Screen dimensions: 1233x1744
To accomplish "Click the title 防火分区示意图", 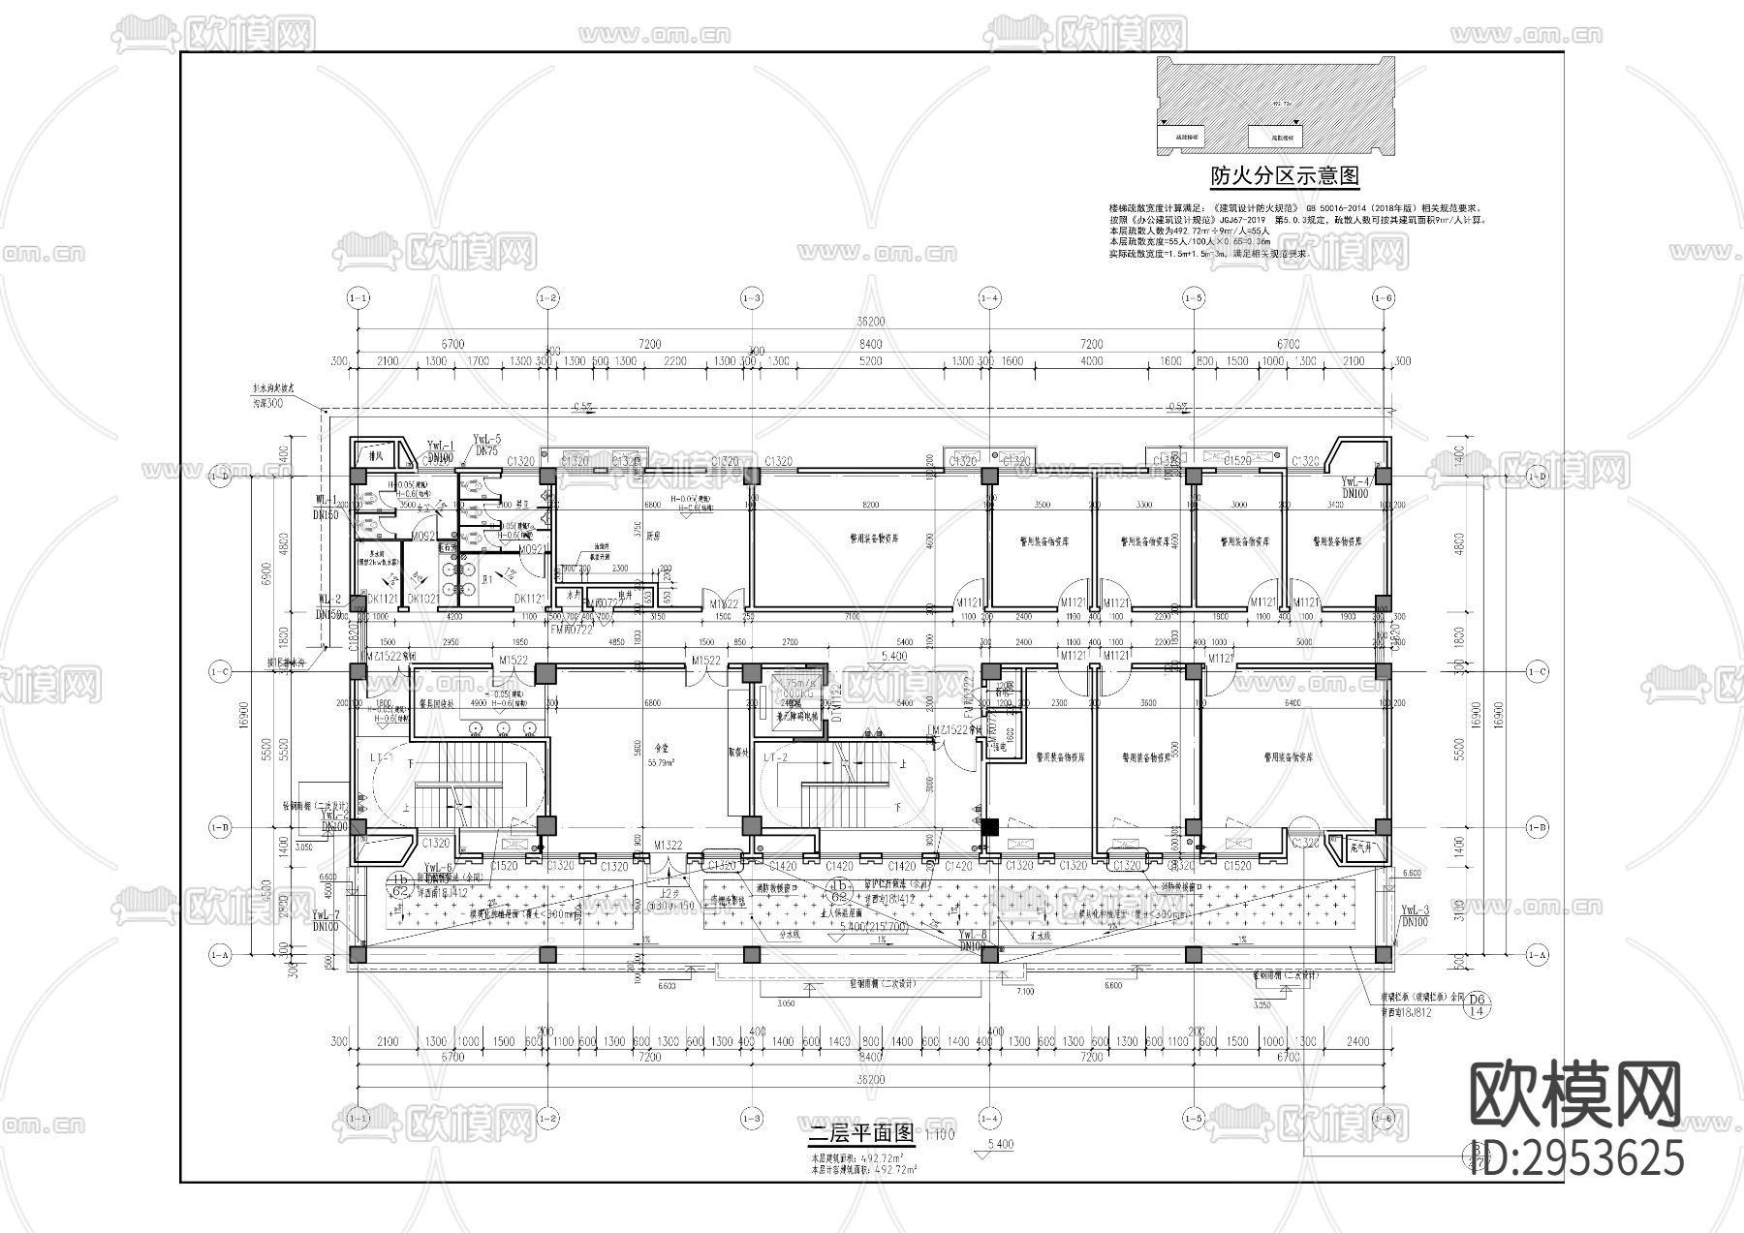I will pyautogui.click(x=1284, y=176).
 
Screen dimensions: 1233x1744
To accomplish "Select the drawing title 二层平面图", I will pyautogui.click(x=861, y=1132).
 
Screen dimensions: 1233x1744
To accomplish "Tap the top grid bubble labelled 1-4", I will pyautogui.click(x=988, y=297).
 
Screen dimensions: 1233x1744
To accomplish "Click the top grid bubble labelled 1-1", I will pyautogui.click(x=358, y=297).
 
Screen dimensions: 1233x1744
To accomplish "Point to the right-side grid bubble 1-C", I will pyautogui.click(x=1537, y=670).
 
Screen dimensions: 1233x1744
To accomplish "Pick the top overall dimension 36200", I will pyautogui.click(x=871, y=322).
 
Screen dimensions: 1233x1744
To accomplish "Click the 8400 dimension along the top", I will pyautogui.click(x=869, y=344).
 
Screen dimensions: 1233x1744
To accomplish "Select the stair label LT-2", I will pyautogui.click(x=775, y=756).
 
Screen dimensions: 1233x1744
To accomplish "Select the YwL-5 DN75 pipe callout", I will pyautogui.click(x=486, y=445).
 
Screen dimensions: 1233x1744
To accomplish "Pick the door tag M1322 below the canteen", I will pyautogui.click(x=668, y=846).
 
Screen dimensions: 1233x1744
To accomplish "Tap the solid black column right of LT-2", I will pyautogui.click(x=989, y=827).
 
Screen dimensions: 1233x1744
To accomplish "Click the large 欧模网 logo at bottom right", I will pyautogui.click(x=1574, y=1094).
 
